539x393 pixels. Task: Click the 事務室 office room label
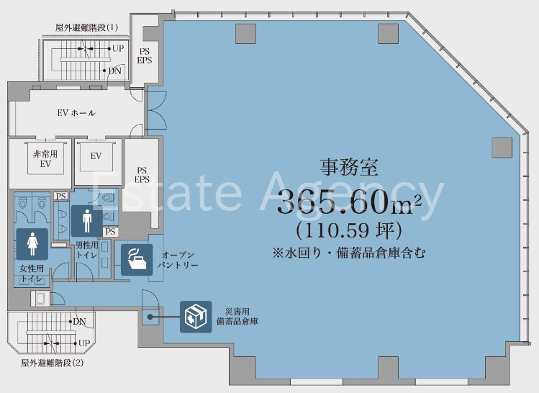coord(349,168)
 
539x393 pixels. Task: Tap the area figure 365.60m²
coord(349,202)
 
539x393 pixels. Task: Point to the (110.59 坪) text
coord(349,230)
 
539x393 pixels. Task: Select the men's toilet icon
coord(86,221)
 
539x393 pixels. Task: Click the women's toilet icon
coord(32,244)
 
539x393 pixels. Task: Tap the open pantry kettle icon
coord(137,260)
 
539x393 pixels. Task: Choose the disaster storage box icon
coord(196,317)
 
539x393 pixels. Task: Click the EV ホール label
coord(76,113)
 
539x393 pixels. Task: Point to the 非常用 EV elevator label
coord(45,159)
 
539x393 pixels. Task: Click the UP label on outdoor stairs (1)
coord(118,48)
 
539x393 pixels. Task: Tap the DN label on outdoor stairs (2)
coord(79,322)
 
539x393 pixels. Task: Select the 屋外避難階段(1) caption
coord(86,27)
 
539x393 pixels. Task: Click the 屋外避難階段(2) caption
coord(53,363)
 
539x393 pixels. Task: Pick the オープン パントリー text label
coord(178,261)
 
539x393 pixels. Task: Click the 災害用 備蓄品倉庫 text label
coord(237,317)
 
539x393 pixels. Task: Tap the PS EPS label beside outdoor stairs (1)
coord(145,55)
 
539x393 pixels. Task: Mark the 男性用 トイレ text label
coord(86,250)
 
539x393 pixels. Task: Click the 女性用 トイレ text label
coord(32,274)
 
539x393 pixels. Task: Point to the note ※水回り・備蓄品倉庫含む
coord(348,253)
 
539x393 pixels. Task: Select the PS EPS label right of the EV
coord(142,175)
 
